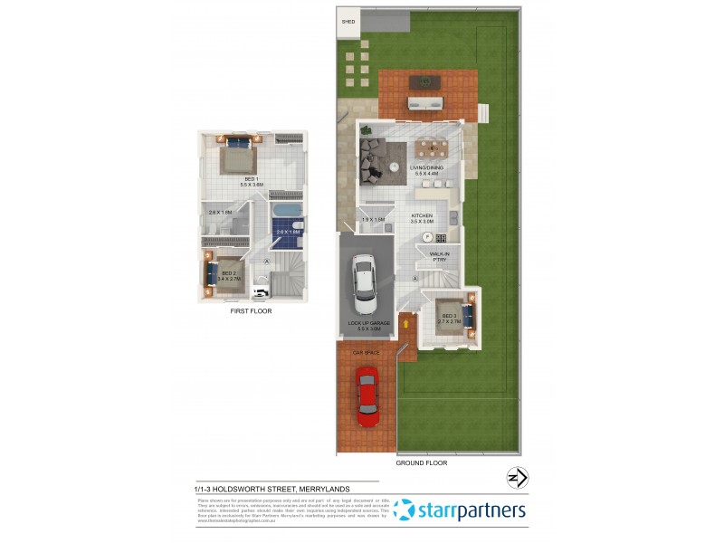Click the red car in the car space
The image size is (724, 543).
click(x=367, y=395)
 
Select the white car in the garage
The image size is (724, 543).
click(x=365, y=277)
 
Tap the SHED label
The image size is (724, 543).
click(x=347, y=21)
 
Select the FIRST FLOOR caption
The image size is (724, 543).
click(x=251, y=311)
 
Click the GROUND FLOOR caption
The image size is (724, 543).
click(x=421, y=462)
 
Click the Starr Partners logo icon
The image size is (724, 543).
click(x=405, y=510)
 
